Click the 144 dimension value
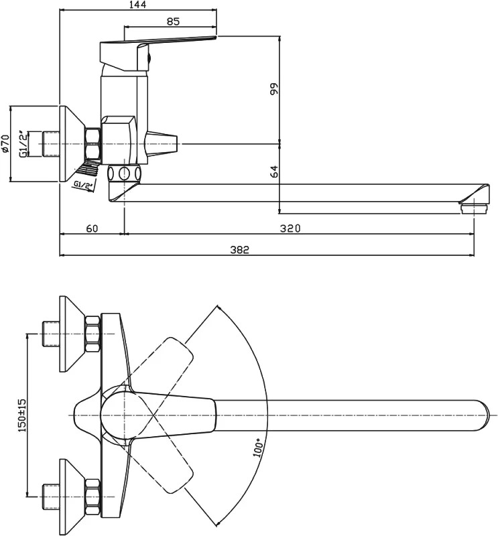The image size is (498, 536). click(x=138, y=5)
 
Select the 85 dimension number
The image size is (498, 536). click(x=174, y=21)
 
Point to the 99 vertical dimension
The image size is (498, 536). click(x=275, y=89)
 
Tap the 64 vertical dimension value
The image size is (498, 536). click(x=275, y=172)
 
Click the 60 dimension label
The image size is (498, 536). click(x=92, y=228)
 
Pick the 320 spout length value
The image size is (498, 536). click(x=290, y=228)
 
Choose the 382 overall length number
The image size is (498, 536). click(x=239, y=250)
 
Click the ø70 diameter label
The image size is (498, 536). click(x=5, y=143)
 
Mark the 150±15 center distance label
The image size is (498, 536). click(x=22, y=415)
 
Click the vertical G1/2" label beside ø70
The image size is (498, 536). click(x=23, y=144)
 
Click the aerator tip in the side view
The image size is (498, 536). click(x=474, y=208)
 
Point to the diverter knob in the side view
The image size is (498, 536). click(x=162, y=144)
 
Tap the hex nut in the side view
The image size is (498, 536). click(x=92, y=144)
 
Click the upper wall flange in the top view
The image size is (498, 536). click(x=72, y=334)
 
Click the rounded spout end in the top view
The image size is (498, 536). click(x=481, y=415)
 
